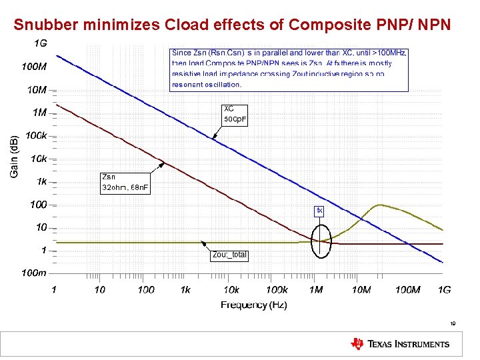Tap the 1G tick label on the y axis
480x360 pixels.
coord(40,43)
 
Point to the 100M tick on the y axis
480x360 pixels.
coord(34,67)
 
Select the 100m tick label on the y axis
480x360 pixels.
coord(33,273)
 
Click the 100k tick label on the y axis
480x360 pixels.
coord(36,135)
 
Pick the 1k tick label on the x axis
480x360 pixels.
coord(185,289)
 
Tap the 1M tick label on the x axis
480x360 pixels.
coord(316,289)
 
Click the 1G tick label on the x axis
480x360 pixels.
coord(444,289)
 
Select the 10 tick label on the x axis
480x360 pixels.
coord(99,289)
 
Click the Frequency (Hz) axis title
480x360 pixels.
coord(254,305)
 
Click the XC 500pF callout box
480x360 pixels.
coord(235,114)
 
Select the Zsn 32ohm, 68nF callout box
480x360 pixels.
coord(125,182)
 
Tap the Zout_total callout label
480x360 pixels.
coord(229,255)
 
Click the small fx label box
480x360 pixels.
coord(320,211)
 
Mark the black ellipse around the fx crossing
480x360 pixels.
coord(321,239)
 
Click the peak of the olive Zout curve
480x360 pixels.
coord(381,205)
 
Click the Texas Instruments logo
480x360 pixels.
coord(400,344)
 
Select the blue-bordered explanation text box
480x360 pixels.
coord(289,69)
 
